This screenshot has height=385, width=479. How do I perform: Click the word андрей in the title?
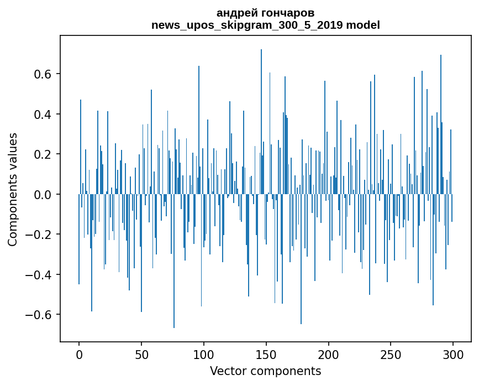tap(235, 13)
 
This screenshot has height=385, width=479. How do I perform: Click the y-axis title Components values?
tap(13, 189)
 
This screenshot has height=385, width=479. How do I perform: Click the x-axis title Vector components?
tap(265, 371)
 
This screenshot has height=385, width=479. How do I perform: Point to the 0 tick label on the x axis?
tap(79, 354)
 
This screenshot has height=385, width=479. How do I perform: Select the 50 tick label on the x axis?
tap(141, 354)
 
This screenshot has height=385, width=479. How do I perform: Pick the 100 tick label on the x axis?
tap(204, 354)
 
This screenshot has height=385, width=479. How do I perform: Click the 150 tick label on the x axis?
tap(266, 354)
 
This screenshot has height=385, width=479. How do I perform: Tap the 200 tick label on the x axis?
tap(329, 354)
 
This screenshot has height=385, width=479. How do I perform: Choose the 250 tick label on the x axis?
tap(391, 354)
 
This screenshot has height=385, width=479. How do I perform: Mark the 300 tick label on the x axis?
tap(454, 354)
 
